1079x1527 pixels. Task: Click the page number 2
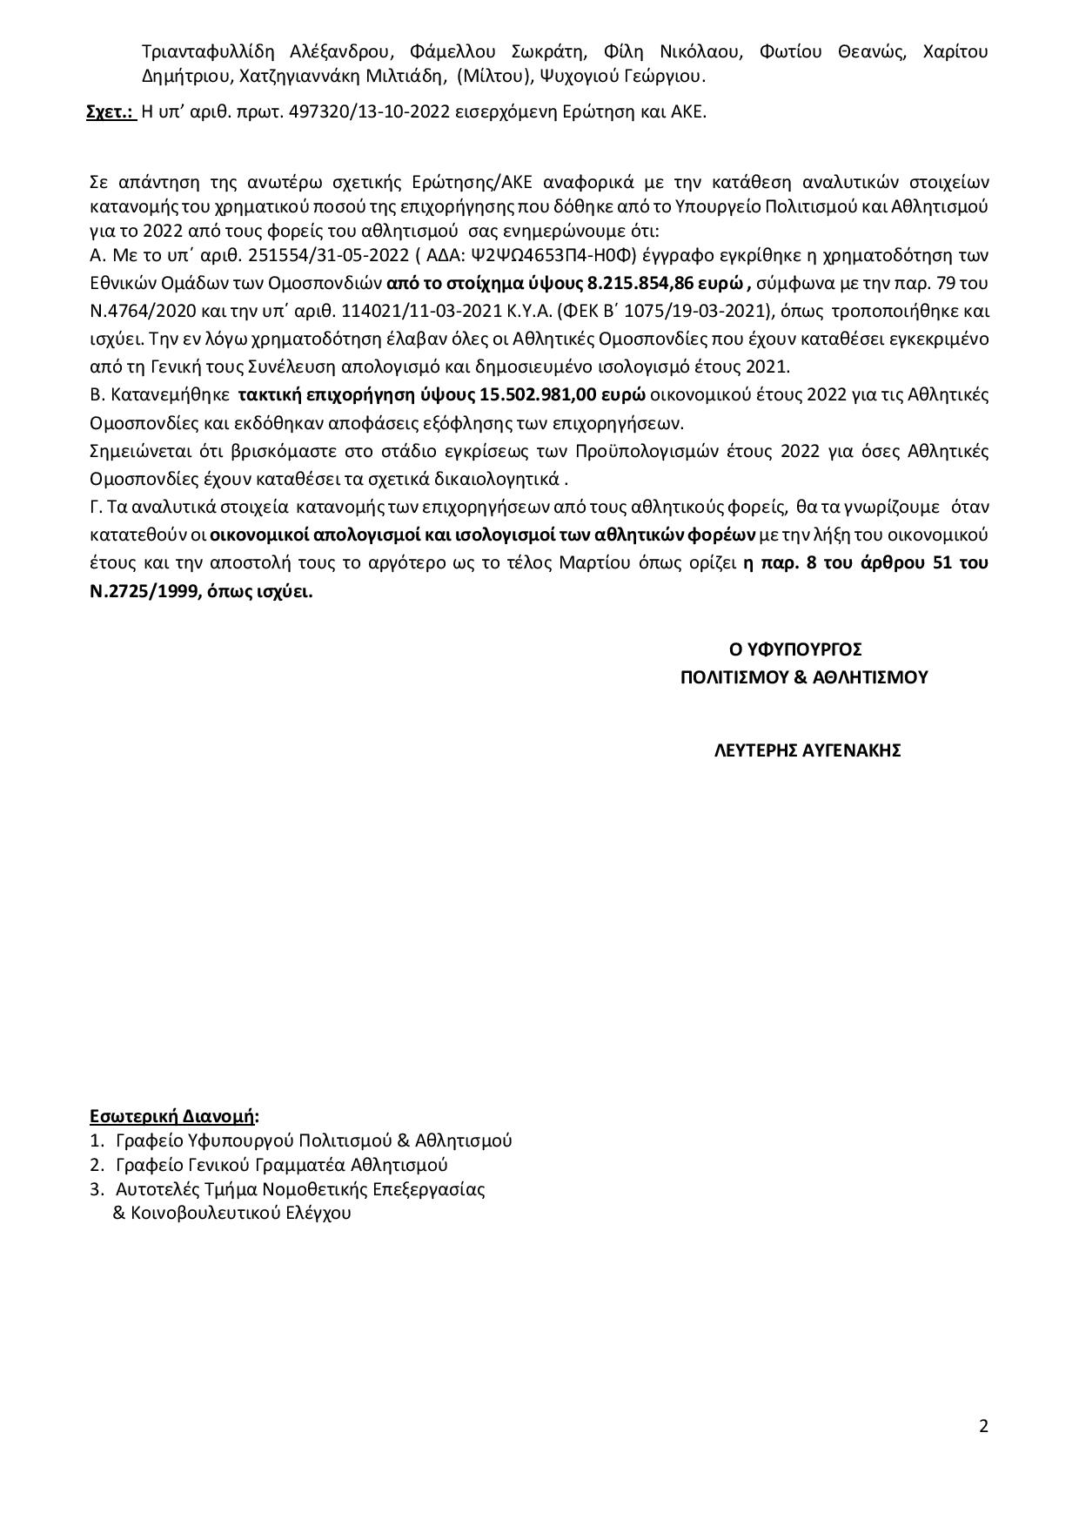(983, 1426)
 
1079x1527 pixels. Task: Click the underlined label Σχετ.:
(111, 112)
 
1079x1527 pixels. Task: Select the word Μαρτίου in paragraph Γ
(566, 562)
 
